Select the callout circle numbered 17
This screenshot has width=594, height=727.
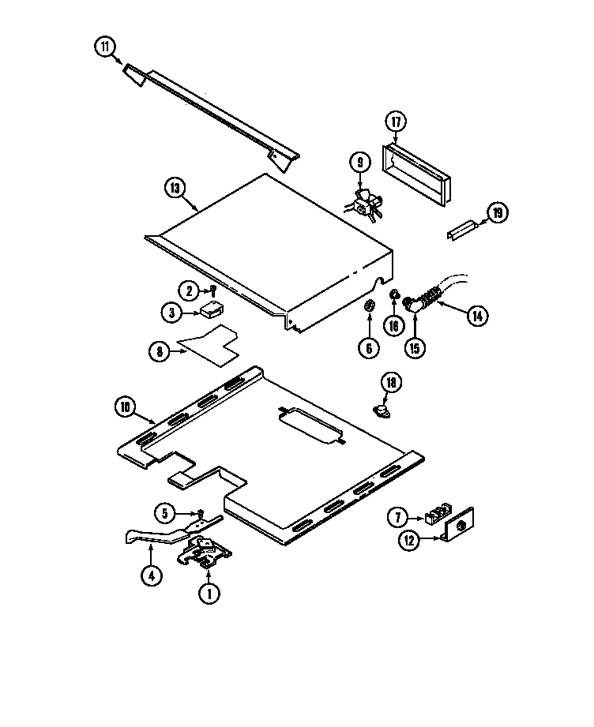(x=396, y=122)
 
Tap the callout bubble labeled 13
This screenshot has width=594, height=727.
(x=176, y=188)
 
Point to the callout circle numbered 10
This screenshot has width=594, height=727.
(x=125, y=407)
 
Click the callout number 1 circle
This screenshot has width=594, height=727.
(x=209, y=594)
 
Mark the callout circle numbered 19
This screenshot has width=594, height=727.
(x=497, y=212)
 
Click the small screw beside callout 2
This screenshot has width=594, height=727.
(x=212, y=291)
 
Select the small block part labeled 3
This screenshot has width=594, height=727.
(x=212, y=309)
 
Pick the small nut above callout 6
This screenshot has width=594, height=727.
(x=368, y=305)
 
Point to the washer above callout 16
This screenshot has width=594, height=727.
(x=393, y=295)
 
